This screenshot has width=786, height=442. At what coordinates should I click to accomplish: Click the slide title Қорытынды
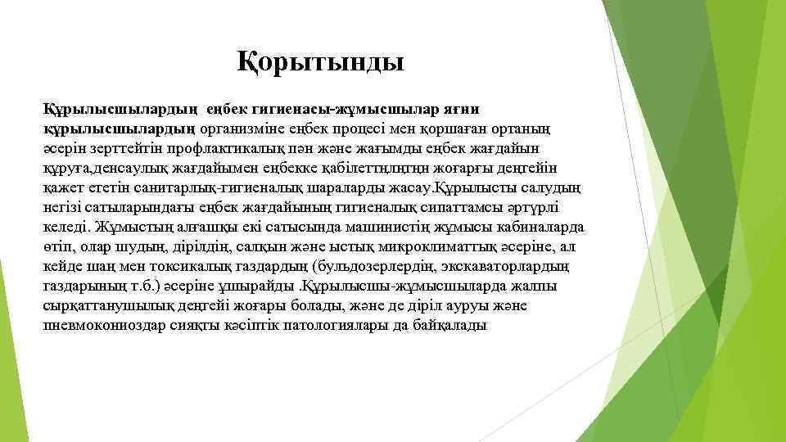point(320,61)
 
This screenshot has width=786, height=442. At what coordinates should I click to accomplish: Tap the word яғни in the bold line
point(463,110)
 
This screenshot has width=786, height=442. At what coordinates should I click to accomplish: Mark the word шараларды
point(321,188)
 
